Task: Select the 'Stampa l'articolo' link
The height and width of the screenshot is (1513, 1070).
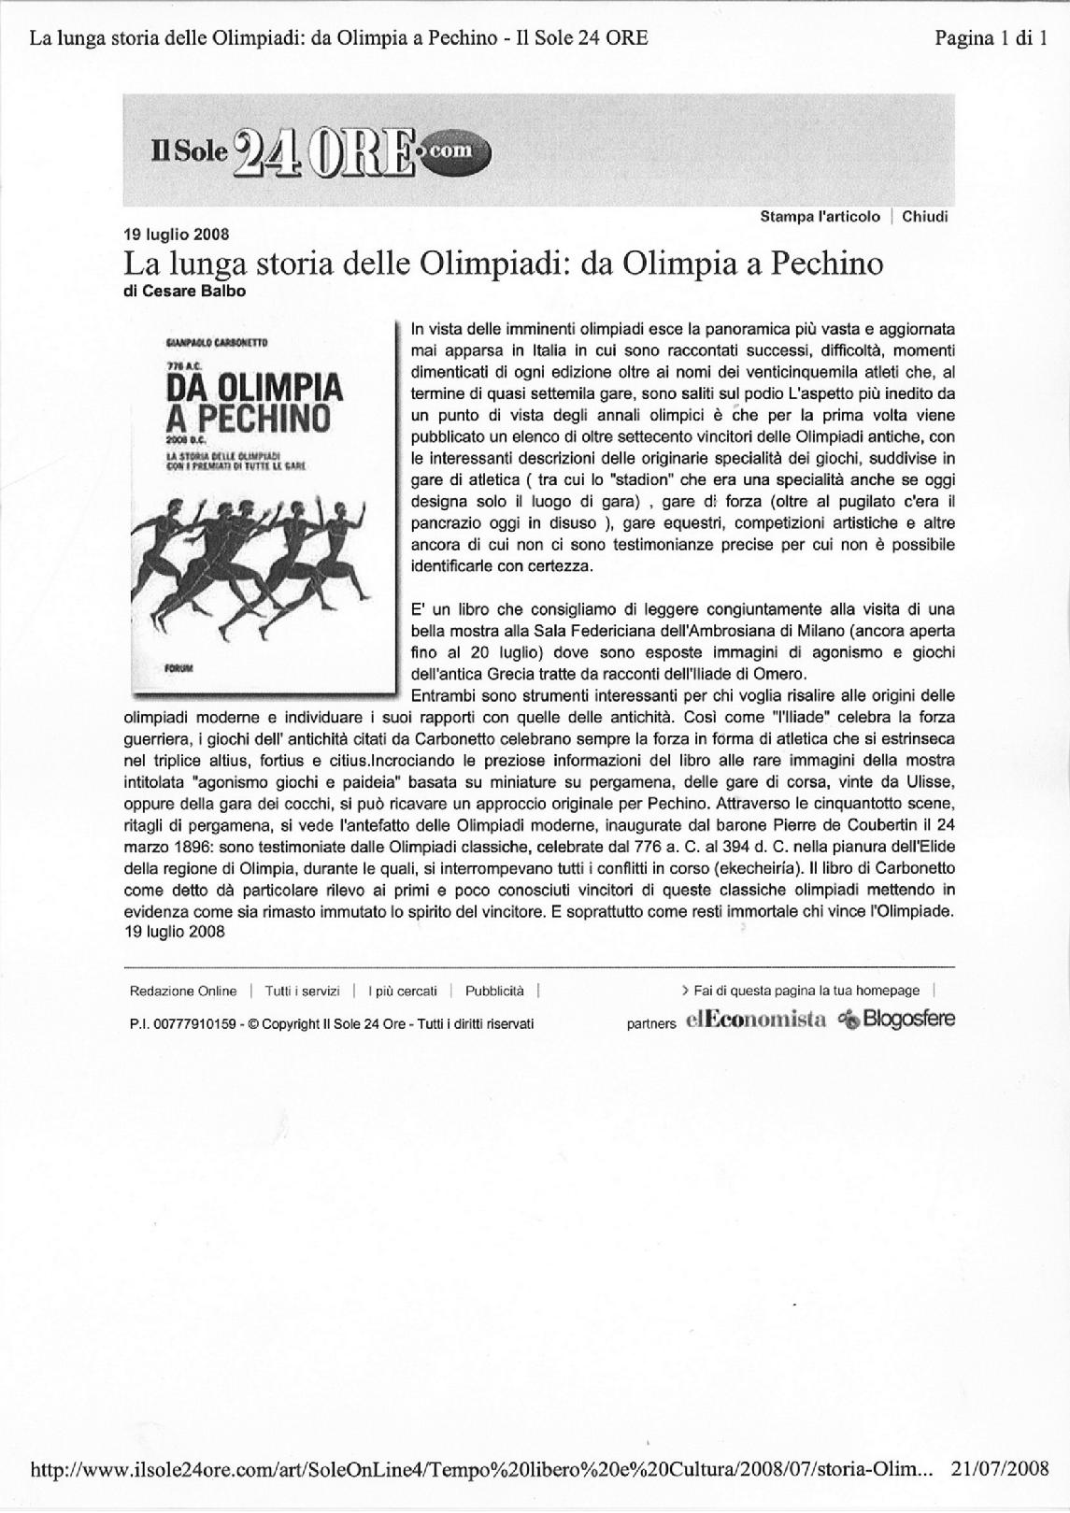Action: [820, 217]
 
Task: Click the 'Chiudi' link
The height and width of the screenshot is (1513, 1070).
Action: [925, 217]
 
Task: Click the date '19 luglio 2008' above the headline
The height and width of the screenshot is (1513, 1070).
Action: [177, 235]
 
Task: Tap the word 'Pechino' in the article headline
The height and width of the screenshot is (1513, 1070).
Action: [825, 264]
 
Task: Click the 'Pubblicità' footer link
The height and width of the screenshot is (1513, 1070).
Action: [494, 992]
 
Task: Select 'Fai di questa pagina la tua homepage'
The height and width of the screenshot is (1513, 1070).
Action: [801, 992]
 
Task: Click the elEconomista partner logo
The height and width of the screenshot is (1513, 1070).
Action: [755, 1021]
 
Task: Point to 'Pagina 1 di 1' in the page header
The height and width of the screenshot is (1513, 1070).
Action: [991, 38]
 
